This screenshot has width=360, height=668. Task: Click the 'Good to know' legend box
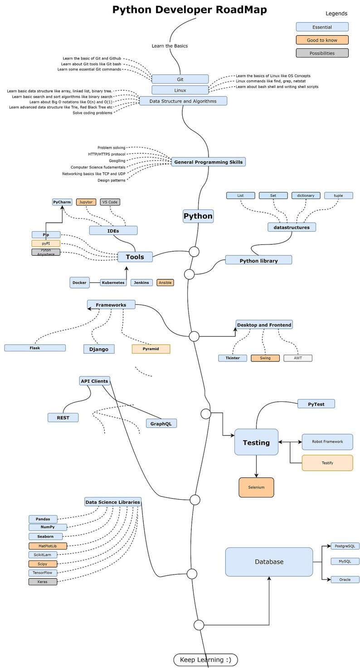click(x=322, y=40)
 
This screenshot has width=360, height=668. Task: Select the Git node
click(x=180, y=79)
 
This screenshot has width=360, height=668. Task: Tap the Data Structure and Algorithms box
click(x=183, y=101)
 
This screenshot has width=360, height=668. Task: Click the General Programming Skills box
click(x=208, y=162)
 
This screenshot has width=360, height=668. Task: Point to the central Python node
click(x=198, y=216)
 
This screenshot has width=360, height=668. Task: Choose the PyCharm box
click(x=62, y=202)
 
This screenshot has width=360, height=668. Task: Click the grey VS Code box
click(x=110, y=202)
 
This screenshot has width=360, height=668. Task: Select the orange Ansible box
click(x=165, y=283)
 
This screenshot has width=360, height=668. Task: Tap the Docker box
click(x=79, y=283)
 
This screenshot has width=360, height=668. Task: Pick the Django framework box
click(x=99, y=349)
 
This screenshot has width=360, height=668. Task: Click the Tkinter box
click(x=233, y=358)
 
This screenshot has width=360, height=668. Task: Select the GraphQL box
click(x=161, y=424)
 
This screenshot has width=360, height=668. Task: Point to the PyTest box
click(x=316, y=404)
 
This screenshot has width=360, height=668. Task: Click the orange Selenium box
click(x=256, y=487)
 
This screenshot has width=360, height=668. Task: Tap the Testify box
click(x=327, y=463)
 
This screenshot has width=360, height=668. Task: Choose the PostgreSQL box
click(x=345, y=546)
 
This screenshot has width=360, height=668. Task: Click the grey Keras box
click(x=43, y=581)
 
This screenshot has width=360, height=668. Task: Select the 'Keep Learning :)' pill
click(x=205, y=660)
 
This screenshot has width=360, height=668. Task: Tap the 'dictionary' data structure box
click(x=306, y=195)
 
